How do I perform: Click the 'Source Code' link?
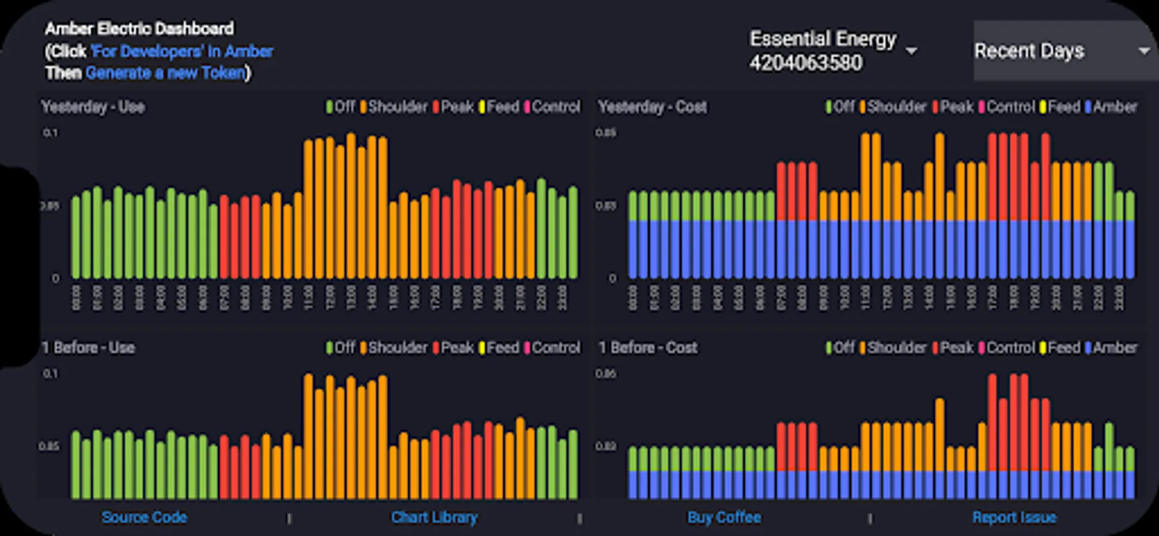point(144,517)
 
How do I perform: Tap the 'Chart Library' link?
point(434,517)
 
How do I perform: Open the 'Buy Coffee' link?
point(724,517)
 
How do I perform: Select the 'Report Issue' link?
point(1014,517)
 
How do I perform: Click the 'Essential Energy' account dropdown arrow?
point(911,51)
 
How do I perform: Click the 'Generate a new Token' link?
point(166,73)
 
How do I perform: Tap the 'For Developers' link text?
point(182,51)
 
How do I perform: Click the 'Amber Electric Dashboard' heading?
point(140,29)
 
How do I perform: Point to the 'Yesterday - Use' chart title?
point(93,107)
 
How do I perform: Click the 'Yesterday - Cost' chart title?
point(652,107)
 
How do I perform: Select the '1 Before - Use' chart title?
point(88,348)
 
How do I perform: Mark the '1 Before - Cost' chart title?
point(647,348)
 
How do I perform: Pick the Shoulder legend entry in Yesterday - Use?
point(393,107)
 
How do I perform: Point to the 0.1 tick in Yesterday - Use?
point(51,133)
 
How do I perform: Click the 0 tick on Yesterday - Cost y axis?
point(612,278)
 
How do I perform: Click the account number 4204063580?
point(805,63)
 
